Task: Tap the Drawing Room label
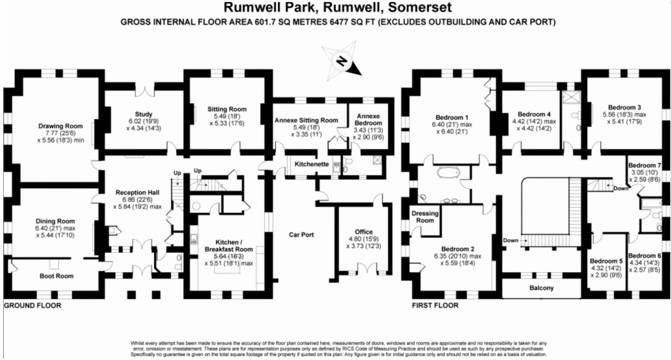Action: pyautogui.click(x=61, y=126)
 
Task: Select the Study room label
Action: pyautogui.click(x=144, y=114)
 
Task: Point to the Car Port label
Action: pyautogui.click(x=301, y=235)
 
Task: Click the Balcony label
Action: pyautogui.click(x=541, y=288)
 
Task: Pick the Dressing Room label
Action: pyautogui.click(x=425, y=217)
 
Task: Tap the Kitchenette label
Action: pyautogui.click(x=311, y=164)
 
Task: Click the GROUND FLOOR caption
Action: pyautogui.click(x=32, y=306)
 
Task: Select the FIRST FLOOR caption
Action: pyautogui.click(x=435, y=306)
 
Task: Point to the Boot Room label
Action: pyautogui.click(x=56, y=276)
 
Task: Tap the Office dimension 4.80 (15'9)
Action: pyautogui.click(x=364, y=239)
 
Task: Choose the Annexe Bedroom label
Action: pyautogui.click(x=368, y=120)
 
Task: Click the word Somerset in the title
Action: pyautogui.click(x=420, y=7)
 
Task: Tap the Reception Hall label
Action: pyautogui.click(x=137, y=192)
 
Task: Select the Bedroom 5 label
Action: pyautogui.click(x=606, y=261)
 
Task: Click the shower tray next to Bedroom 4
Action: pyautogui.click(x=571, y=97)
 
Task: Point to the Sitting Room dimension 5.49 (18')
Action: pyautogui.click(x=227, y=116)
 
